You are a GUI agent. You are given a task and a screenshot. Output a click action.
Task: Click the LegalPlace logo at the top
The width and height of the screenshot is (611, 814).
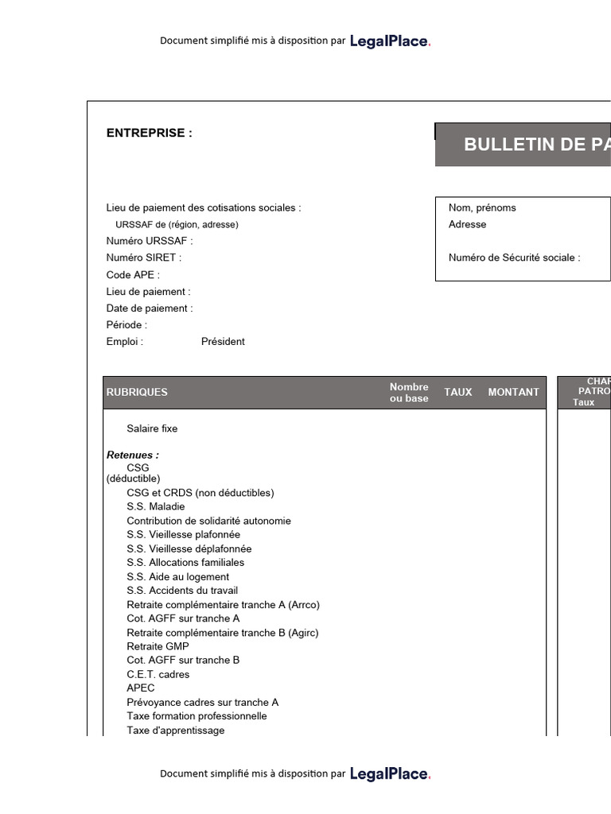[x=390, y=41]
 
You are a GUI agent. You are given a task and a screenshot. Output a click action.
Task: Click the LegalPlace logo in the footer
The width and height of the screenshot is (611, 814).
[x=390, y=773]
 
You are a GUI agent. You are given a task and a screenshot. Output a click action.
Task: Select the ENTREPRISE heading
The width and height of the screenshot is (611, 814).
[x=150, y=133]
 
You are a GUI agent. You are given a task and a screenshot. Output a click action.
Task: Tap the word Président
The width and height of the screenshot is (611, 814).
[x=223, y=342]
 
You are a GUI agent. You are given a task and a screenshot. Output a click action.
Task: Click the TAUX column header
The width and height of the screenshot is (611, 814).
[x=458, y=392]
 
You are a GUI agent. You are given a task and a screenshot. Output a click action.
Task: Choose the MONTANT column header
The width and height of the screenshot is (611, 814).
[x=513, y=392]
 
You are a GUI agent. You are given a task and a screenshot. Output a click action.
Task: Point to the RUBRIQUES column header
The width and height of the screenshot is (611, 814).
[x=137, y=392]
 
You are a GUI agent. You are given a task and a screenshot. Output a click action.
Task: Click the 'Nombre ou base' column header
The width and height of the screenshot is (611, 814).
[x=409, y=393]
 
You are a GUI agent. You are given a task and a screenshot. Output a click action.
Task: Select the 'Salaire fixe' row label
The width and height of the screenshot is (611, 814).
[x=152, y=428]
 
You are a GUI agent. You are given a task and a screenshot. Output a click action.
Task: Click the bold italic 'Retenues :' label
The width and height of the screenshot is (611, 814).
[x=133, y=455]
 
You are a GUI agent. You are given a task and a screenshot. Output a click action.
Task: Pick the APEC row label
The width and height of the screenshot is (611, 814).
[x=141, y=688]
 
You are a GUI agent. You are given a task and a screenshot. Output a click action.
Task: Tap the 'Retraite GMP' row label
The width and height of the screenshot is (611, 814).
[x=158, y=646]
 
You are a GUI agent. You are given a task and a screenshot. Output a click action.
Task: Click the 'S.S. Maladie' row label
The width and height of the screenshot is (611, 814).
[x=156, y=506]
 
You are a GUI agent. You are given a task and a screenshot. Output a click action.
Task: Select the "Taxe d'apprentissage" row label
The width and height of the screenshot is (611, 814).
[x=176, y=731]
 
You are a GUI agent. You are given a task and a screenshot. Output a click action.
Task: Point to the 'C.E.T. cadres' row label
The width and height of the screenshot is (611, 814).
[x=158, y=674]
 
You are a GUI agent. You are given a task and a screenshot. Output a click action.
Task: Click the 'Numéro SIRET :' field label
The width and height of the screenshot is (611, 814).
[x=144, y=258]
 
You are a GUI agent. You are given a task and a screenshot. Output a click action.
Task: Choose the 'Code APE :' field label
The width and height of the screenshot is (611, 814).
[x=133, y=275]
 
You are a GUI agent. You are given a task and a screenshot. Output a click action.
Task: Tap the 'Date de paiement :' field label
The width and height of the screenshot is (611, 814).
[x=150, y=308]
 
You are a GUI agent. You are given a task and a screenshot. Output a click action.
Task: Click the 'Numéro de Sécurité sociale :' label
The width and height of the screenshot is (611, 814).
[x=515, y=258]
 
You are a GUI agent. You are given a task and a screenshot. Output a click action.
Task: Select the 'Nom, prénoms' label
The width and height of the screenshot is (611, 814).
[x=482, y=207]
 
